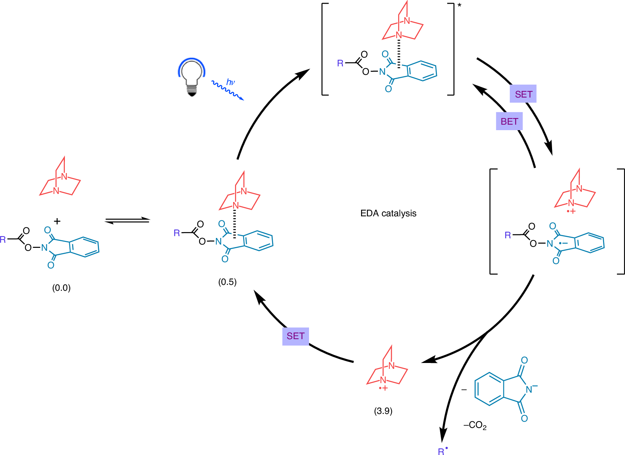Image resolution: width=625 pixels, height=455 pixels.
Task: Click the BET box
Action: point(509,121)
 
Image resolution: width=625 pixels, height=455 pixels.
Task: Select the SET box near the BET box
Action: point(523,94)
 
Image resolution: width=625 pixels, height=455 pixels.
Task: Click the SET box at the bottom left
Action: point(295,336)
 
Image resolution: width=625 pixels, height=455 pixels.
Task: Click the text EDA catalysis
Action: point(388,213)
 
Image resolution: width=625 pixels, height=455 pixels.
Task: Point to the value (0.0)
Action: point(61,288)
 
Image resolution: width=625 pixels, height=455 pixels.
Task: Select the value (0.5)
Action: point(227,282)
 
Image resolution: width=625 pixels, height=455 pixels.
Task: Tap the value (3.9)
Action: point(383,411)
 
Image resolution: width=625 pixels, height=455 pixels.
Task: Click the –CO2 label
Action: point(475,425)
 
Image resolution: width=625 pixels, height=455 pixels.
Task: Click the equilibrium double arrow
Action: point(127,220)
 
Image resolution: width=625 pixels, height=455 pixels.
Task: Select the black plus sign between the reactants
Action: point(57,221)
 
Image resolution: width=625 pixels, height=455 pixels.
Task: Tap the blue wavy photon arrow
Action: point(228,90)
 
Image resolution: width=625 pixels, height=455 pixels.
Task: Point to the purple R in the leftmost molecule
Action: point(3,240)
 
